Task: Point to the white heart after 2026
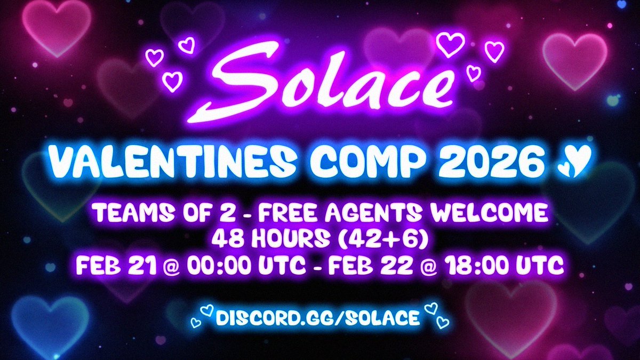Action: coord(574,158)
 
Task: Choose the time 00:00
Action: coord(213,266)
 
